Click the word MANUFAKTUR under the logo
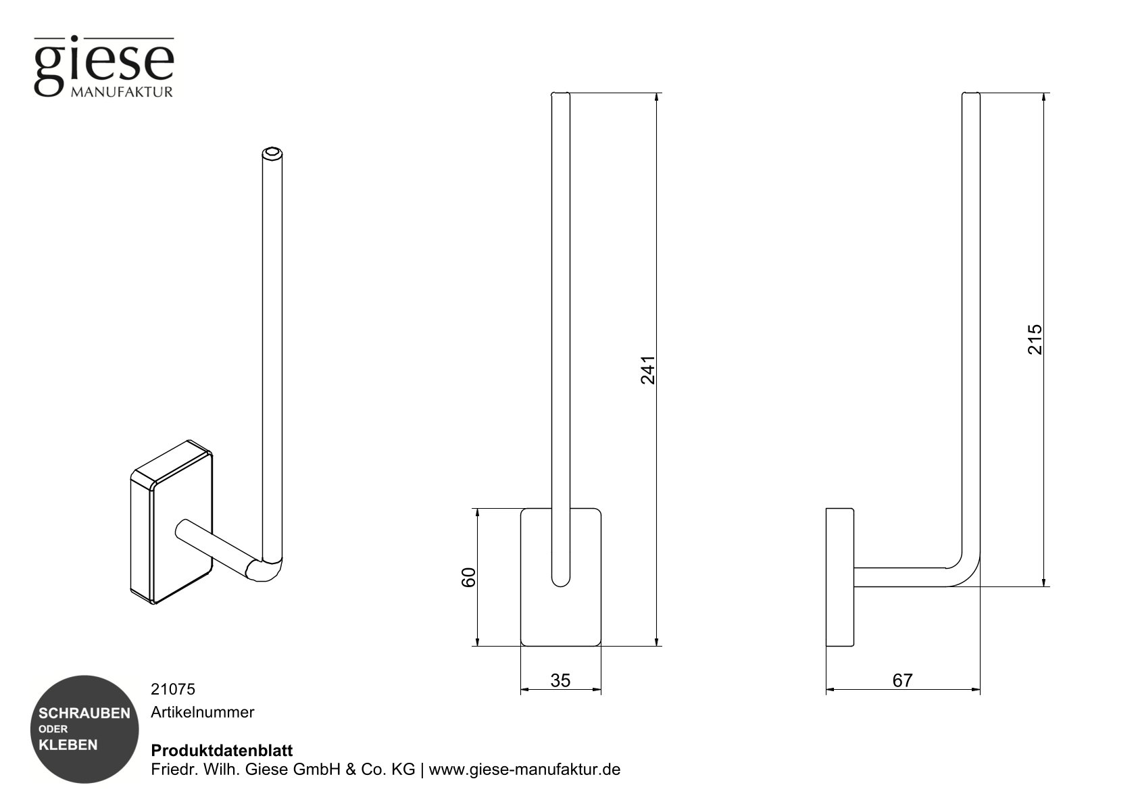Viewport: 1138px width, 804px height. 122,92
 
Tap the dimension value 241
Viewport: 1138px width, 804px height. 647,370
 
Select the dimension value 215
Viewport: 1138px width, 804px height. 1035,339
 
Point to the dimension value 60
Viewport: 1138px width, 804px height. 468,577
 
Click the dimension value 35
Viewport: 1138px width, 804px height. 560,680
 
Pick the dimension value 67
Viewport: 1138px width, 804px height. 902,680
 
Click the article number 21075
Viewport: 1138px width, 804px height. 172,689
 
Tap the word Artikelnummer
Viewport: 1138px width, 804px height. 202,712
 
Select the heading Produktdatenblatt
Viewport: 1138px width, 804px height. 222,751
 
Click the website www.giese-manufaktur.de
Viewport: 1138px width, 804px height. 524,770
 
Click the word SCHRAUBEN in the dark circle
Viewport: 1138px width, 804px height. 84,713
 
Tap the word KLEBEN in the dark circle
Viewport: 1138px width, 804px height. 68,745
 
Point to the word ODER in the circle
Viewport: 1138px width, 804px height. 53,729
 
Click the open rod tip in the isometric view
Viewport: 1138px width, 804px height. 272,153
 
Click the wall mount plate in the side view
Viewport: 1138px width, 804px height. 839,577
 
